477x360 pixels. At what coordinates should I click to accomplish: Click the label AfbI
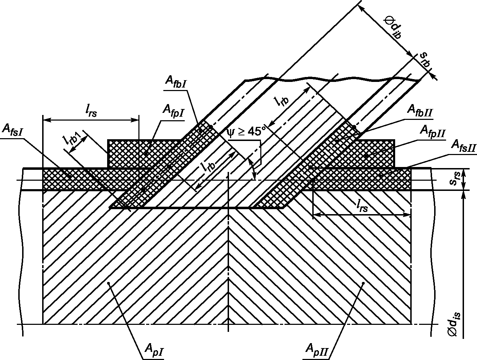[x=176, y=83]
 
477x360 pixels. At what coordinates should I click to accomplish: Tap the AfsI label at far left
[x=12, y=130]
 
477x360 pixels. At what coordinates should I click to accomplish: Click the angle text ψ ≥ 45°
[x=246, y=131]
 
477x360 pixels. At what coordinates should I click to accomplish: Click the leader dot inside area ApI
[x=109, y=283]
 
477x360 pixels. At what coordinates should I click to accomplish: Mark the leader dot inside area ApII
[x=363, y=283]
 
